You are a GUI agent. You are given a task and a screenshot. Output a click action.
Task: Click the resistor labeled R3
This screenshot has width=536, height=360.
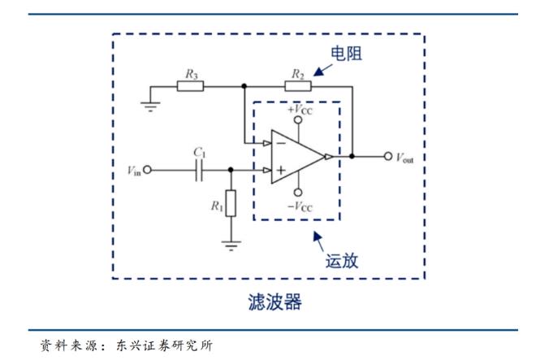191,85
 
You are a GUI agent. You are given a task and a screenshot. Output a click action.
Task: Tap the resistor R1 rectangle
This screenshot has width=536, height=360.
231,203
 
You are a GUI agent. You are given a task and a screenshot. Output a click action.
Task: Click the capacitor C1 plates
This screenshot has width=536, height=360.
199,171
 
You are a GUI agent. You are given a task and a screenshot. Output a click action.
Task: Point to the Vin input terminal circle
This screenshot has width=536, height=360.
148,171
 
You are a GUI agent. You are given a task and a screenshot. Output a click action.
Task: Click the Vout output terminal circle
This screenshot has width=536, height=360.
387,155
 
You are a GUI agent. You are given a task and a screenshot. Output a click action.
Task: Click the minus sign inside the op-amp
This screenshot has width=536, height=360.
280,141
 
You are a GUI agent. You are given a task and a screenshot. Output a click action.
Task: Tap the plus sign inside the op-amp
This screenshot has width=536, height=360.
280,171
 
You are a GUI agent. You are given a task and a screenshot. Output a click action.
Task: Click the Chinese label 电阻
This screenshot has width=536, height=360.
344,54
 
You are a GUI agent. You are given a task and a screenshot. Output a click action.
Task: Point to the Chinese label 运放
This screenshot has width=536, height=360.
341,262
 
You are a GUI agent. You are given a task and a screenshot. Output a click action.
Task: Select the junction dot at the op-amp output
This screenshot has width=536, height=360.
352,155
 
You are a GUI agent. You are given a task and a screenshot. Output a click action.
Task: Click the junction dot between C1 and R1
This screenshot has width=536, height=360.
231,171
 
